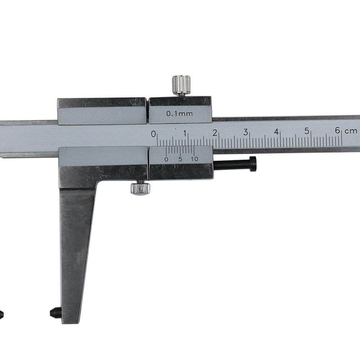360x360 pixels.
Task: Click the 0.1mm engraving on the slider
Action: (179, 114)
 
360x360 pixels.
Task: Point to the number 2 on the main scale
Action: (215, 133)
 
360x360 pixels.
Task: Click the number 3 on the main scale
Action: (246, 132)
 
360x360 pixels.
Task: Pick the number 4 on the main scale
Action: (276, 132)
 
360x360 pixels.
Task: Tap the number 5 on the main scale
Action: (307, 131)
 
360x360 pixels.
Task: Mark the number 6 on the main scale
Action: (338, 131)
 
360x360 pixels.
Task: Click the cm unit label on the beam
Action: (351, 131)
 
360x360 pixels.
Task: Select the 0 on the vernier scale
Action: (166, 159)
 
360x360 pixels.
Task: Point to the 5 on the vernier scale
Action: (180, 159)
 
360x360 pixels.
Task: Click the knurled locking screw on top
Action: (181, 84)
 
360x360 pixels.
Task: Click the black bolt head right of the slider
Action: (253, 164)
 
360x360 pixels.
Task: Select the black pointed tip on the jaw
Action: (55, 312)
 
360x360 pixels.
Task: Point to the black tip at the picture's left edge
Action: (1, 314)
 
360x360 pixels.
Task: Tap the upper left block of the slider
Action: (102, 111)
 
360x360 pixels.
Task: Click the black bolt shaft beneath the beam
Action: (232, 165)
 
